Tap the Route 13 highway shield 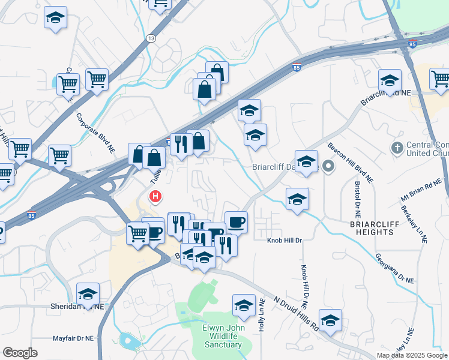tap(150, 38)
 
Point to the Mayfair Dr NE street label tap(73, 338)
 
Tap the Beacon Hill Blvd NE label tap(351, 163)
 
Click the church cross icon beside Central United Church tap(397, 147)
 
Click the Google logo tap(20, 353)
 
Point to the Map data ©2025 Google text tap(412, 355)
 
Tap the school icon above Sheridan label tap(88, 294)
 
